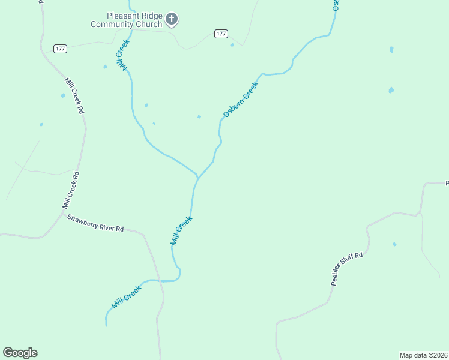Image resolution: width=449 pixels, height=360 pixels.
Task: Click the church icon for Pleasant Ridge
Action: point(172,20)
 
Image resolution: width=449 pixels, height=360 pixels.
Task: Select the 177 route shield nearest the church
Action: point(221,34)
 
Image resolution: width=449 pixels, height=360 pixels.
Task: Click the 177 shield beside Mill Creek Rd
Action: point(59,49)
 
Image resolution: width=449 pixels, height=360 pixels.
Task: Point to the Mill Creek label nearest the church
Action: point(122,55)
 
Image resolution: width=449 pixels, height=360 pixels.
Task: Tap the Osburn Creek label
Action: point(240,99)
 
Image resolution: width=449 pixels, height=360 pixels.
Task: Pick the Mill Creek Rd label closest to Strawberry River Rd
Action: point(71,190)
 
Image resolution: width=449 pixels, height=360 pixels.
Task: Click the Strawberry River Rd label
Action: point(95,224)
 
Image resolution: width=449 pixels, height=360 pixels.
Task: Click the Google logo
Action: point(20,353)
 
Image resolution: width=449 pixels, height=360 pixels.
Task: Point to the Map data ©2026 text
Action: point(423,355)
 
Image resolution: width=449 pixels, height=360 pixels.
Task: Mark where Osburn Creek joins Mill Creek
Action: point(198,177)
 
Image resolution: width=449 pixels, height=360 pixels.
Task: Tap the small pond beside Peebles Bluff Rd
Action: point(394,244)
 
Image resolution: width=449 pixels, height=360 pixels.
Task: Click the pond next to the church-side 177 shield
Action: point(232,45)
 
